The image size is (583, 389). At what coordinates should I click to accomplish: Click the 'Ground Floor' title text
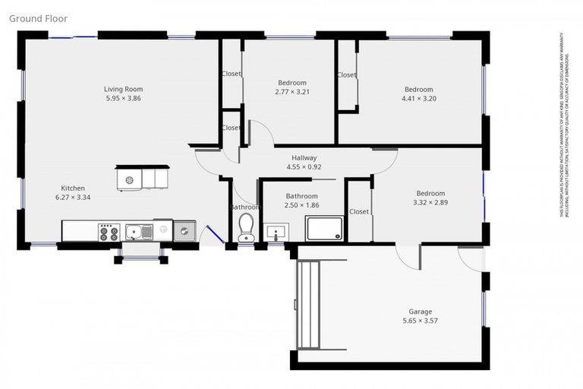[38, 17]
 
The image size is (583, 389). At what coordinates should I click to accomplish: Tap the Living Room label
[123, 89]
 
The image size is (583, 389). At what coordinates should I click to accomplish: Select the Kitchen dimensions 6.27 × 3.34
[73, 198]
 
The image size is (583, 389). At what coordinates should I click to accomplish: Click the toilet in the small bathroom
[245, 227]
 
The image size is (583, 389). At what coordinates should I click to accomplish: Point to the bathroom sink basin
[275, 232]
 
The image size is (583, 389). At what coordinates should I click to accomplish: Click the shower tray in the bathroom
[324, 229]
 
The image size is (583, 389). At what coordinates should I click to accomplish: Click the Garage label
[420, 312]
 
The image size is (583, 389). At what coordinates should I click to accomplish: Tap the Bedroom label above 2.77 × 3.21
[292, 83]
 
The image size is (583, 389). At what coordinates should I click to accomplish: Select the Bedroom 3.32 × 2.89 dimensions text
[429, 203]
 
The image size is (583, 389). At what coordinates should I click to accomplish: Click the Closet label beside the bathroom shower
[358, 212]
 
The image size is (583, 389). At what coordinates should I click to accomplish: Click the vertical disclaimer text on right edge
[566, 125]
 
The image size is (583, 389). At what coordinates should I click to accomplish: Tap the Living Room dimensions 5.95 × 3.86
[123, 99]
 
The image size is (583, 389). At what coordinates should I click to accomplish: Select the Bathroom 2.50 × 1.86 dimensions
[301, 205]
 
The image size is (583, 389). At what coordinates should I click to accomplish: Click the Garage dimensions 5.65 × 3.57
[420, 321]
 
